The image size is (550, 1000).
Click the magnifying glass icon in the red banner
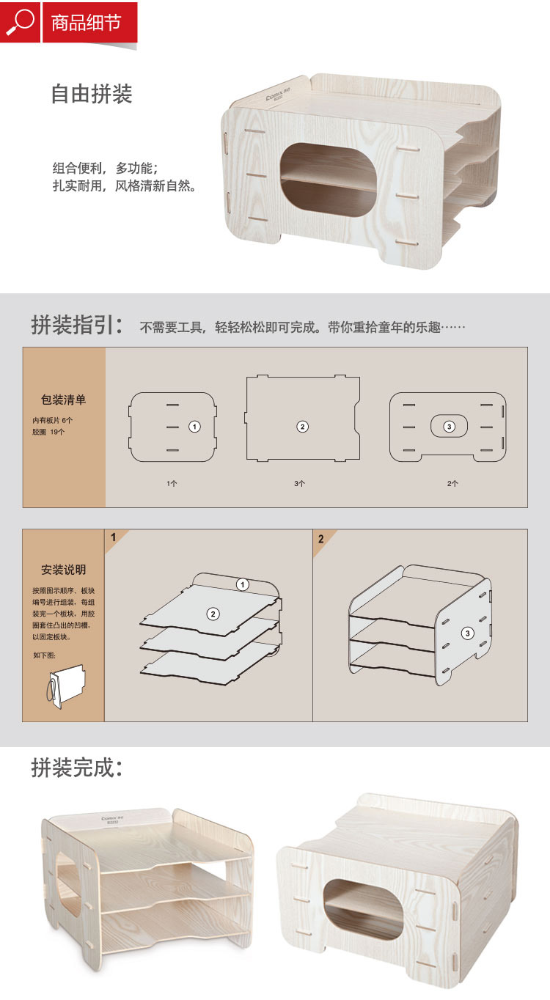click(20, 22)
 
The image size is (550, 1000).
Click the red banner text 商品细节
click(86, 23)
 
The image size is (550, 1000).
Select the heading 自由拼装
click(92, 94)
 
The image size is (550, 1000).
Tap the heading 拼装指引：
click(77, 325)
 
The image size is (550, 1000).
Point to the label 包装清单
click(63, 400)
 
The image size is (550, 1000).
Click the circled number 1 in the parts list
click(194, 427)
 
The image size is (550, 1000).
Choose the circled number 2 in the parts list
click(302, 427)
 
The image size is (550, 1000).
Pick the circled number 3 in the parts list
click(449, 427)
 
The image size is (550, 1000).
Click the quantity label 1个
click(172, 483)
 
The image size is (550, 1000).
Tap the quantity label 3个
click(299, 483)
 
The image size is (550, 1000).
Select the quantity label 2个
click(452, 483)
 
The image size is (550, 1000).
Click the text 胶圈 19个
click(48, 432)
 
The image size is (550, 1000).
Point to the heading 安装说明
click(63, 570)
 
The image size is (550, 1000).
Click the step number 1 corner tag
click(114, 537)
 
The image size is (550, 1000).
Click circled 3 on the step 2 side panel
click(467, 633)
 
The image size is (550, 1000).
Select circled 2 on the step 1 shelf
click(213, 614)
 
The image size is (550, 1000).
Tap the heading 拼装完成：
click(77, 768)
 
